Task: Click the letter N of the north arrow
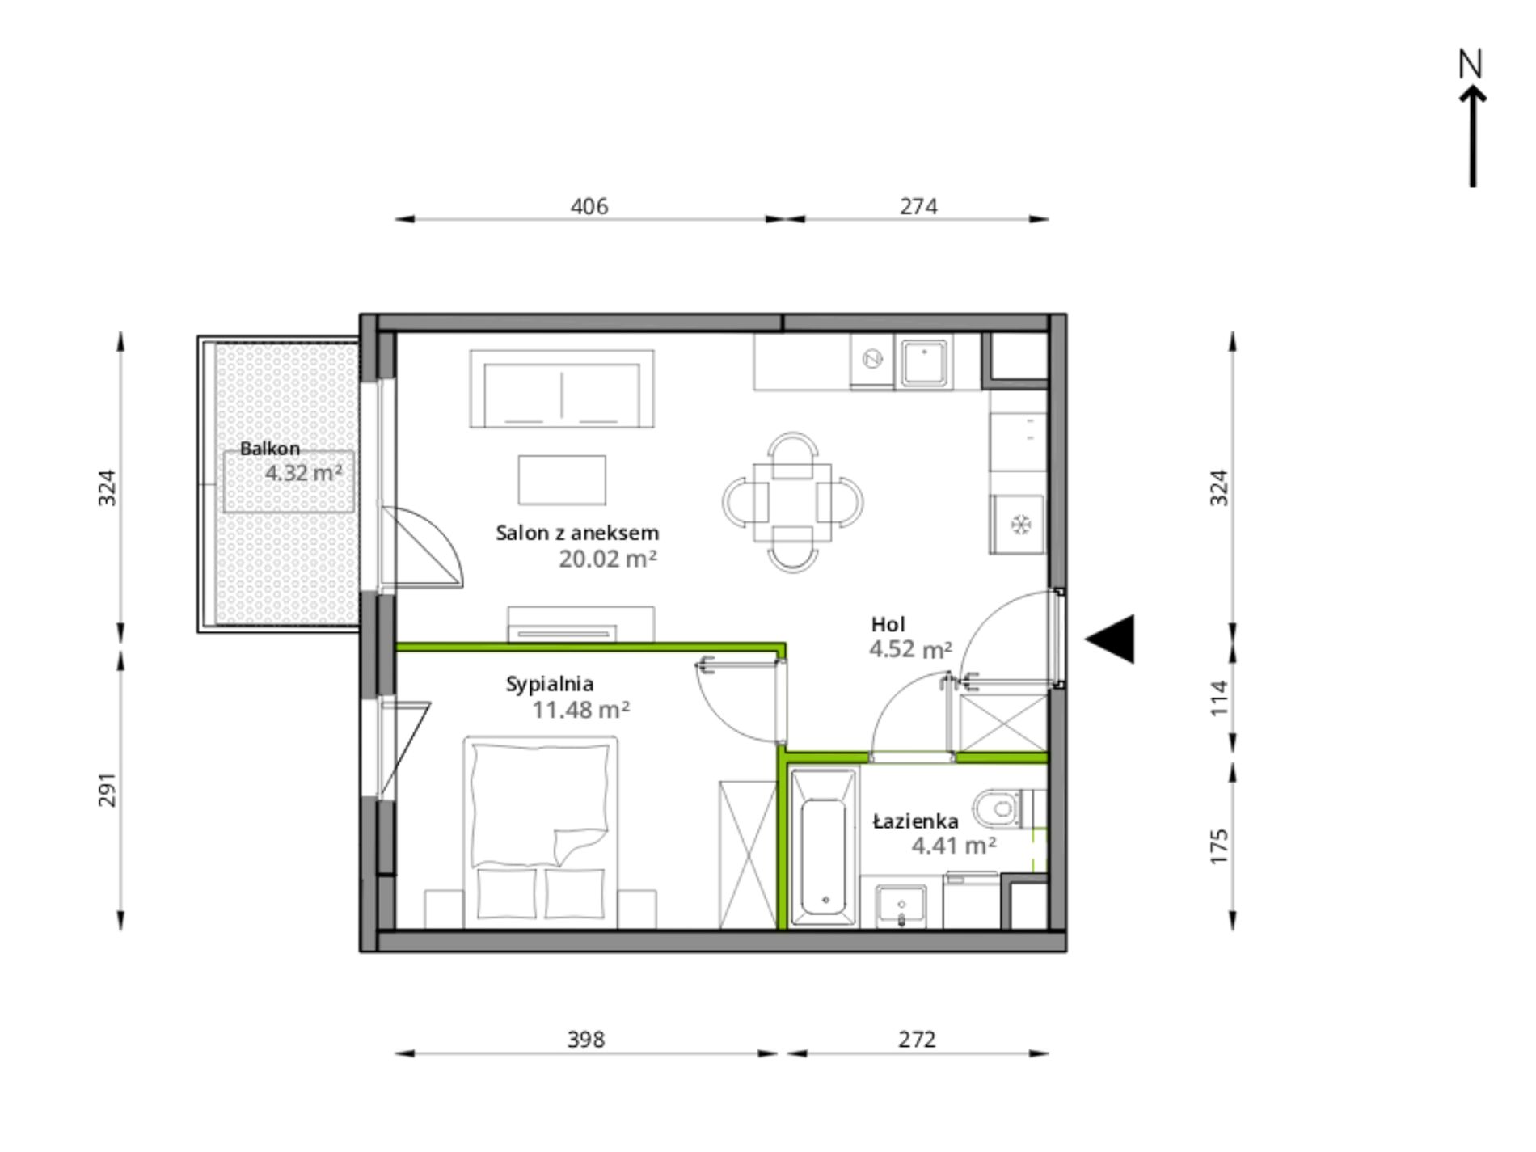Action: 1471,64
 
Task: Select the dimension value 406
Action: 589,206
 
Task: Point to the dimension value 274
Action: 919,206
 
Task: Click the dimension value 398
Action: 586,1039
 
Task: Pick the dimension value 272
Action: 917,1039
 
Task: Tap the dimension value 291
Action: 108,791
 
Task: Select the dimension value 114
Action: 1219,697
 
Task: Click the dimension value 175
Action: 1219,846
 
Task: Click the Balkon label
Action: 270,449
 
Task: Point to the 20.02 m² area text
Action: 608,559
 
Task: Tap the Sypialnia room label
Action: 550,684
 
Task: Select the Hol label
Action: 888,624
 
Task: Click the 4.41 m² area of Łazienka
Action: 954,846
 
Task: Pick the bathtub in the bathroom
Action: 825,846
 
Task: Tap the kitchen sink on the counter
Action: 925,362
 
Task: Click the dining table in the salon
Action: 792,502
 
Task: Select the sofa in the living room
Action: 562,389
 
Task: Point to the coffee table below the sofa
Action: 562,480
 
